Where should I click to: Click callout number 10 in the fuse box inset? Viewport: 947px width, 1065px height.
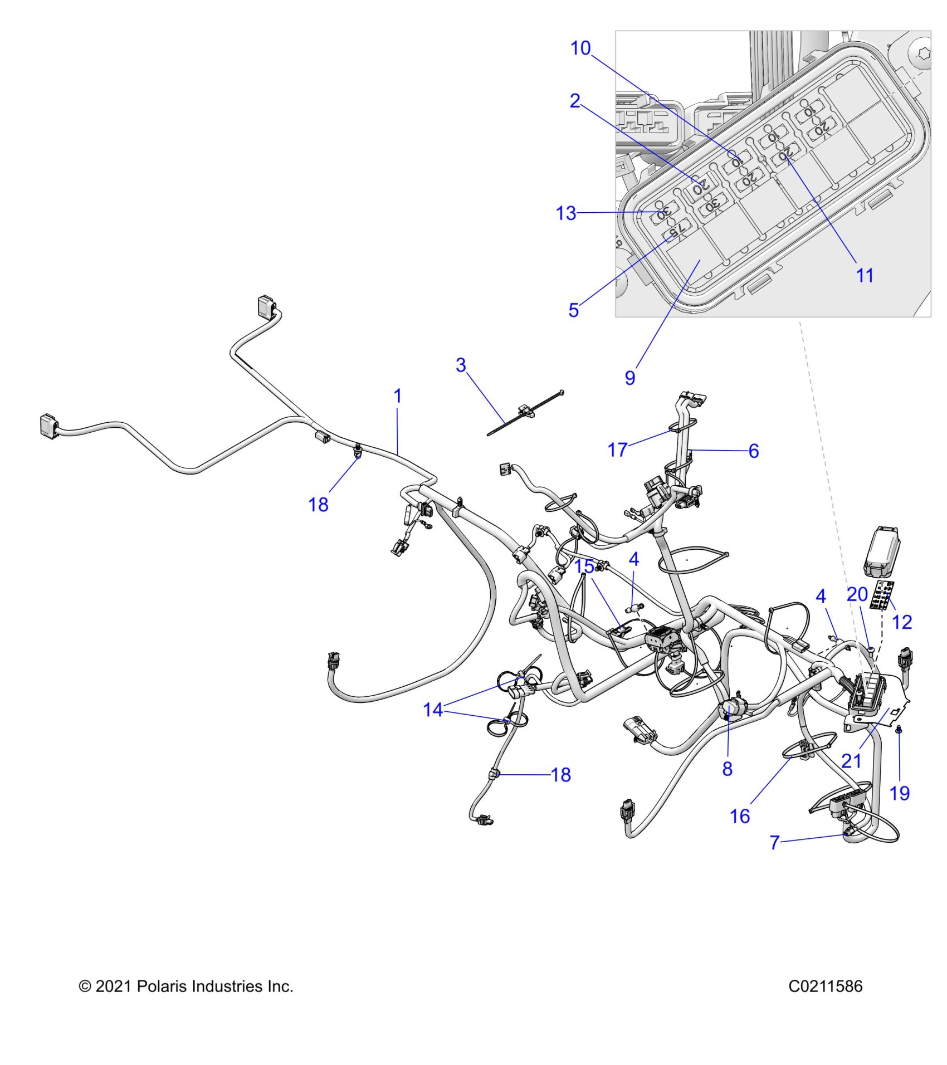[580, 48]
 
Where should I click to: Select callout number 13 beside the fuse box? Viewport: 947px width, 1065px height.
[566, 213]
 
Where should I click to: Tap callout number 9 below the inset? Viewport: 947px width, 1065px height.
[629, 378]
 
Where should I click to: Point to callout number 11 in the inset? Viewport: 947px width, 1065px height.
[865, 275]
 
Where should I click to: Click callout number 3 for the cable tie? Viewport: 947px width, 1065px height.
[461, 365]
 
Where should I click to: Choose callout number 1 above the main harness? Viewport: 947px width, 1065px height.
[397, 397]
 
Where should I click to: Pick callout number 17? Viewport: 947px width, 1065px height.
[617, 450]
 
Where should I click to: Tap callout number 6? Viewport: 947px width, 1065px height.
[754, 451]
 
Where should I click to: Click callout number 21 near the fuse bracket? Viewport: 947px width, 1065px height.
[851, 760]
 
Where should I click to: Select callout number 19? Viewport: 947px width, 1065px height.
[900, 793]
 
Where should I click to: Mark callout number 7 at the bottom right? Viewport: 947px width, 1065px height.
[774, 842]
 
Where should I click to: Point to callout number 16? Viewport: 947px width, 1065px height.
[740, 816]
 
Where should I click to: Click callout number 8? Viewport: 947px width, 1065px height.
[727, 769]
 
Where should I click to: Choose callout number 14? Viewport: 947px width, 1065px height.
[433, 710]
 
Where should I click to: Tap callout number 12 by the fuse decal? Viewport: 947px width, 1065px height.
[902, 622]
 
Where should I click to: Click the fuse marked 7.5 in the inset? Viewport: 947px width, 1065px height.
[676, 230]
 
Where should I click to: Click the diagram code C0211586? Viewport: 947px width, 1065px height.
[825, 986]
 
